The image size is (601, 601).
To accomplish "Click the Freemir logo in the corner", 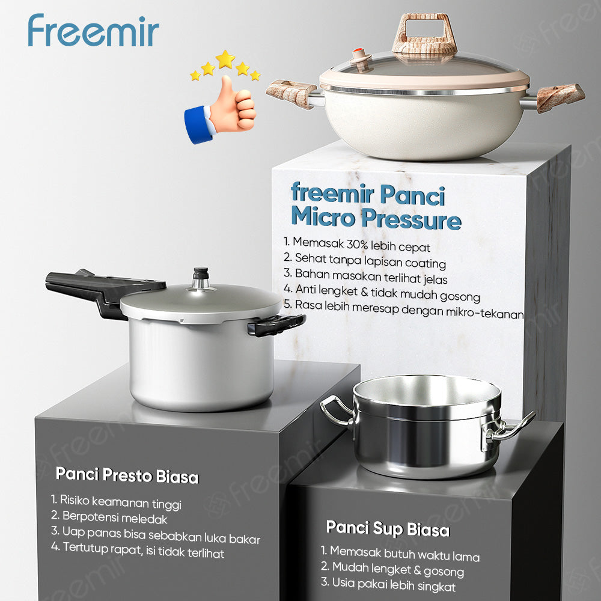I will pyautogui.click(x=93, y=31).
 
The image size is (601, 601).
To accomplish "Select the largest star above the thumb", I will pyautogui.click(x=225, y=59).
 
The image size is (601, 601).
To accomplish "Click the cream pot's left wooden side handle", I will pyautogui.click(x=291, y=94).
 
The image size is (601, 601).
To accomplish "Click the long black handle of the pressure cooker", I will pyautogui.click(x=102, y=289).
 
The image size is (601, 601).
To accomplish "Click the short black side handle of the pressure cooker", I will pyautogui.click(x=276, y=325).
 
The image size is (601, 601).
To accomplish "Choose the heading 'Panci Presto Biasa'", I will pyautogui.click(x=127, y=475).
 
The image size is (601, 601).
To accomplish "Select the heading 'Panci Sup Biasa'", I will pyautogui.click(x=388, y=529).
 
